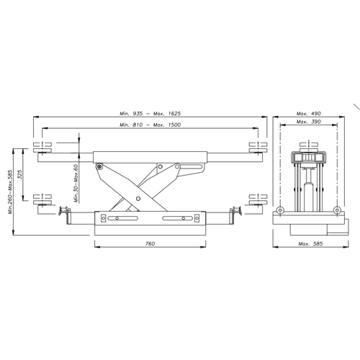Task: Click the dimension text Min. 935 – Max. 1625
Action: coord(150,113)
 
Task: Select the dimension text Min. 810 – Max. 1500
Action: coord(150,125)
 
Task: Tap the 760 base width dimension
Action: coord(150,243)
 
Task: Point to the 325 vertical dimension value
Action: coord(19,174)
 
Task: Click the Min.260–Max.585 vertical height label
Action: coord(10,192)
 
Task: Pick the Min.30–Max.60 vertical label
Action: coord(76,184)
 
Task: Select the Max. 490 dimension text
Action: coord(309,113)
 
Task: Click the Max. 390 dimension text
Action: coord(309,122)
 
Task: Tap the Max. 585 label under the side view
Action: coord(310,243)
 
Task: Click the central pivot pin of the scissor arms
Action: coord(138,199)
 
